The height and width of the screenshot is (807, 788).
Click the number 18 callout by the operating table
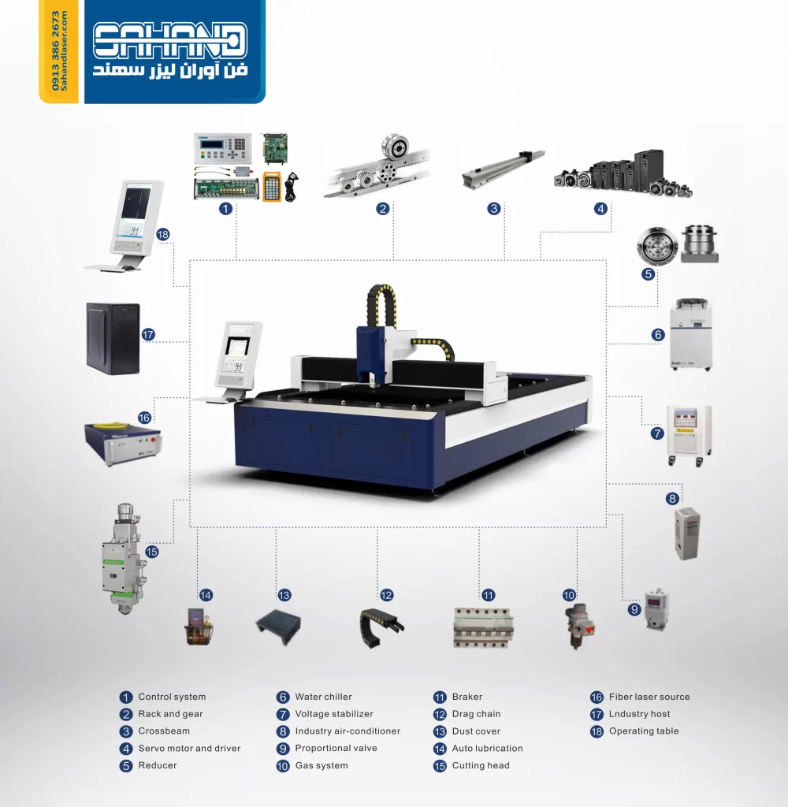pos(163,234)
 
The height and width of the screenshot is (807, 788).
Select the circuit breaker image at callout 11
pos(480,627)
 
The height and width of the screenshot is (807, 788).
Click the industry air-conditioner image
pos(686,534)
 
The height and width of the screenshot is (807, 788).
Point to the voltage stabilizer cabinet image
pos(689,434)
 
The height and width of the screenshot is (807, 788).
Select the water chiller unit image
pos(690,333)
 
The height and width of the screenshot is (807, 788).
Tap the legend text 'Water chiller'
pos(323,697)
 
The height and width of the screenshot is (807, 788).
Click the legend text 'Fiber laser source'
pos(649,697)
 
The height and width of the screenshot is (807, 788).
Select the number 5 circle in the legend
pos(126,766)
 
